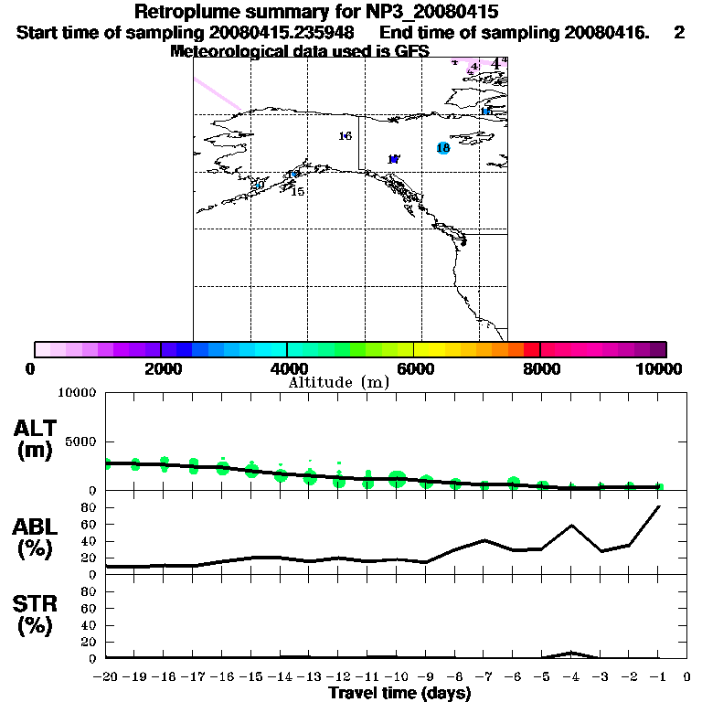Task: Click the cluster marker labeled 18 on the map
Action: [x=443, y=148]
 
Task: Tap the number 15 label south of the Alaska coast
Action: [x=297, y=192]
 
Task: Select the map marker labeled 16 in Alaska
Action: [x=345, y=136]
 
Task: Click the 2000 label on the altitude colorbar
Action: [x=161, y=368]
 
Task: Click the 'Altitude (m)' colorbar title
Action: [x=338, y=382]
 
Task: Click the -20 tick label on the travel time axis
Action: [x=106, y=677]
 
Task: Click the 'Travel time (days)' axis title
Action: [x=399, y=694]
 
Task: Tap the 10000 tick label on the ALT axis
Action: [x=77, y=393]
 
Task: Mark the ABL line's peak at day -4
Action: [x=571, y=526]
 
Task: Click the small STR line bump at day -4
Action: [x=571, y=653]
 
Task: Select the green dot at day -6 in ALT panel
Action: [x=514, y=482]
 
